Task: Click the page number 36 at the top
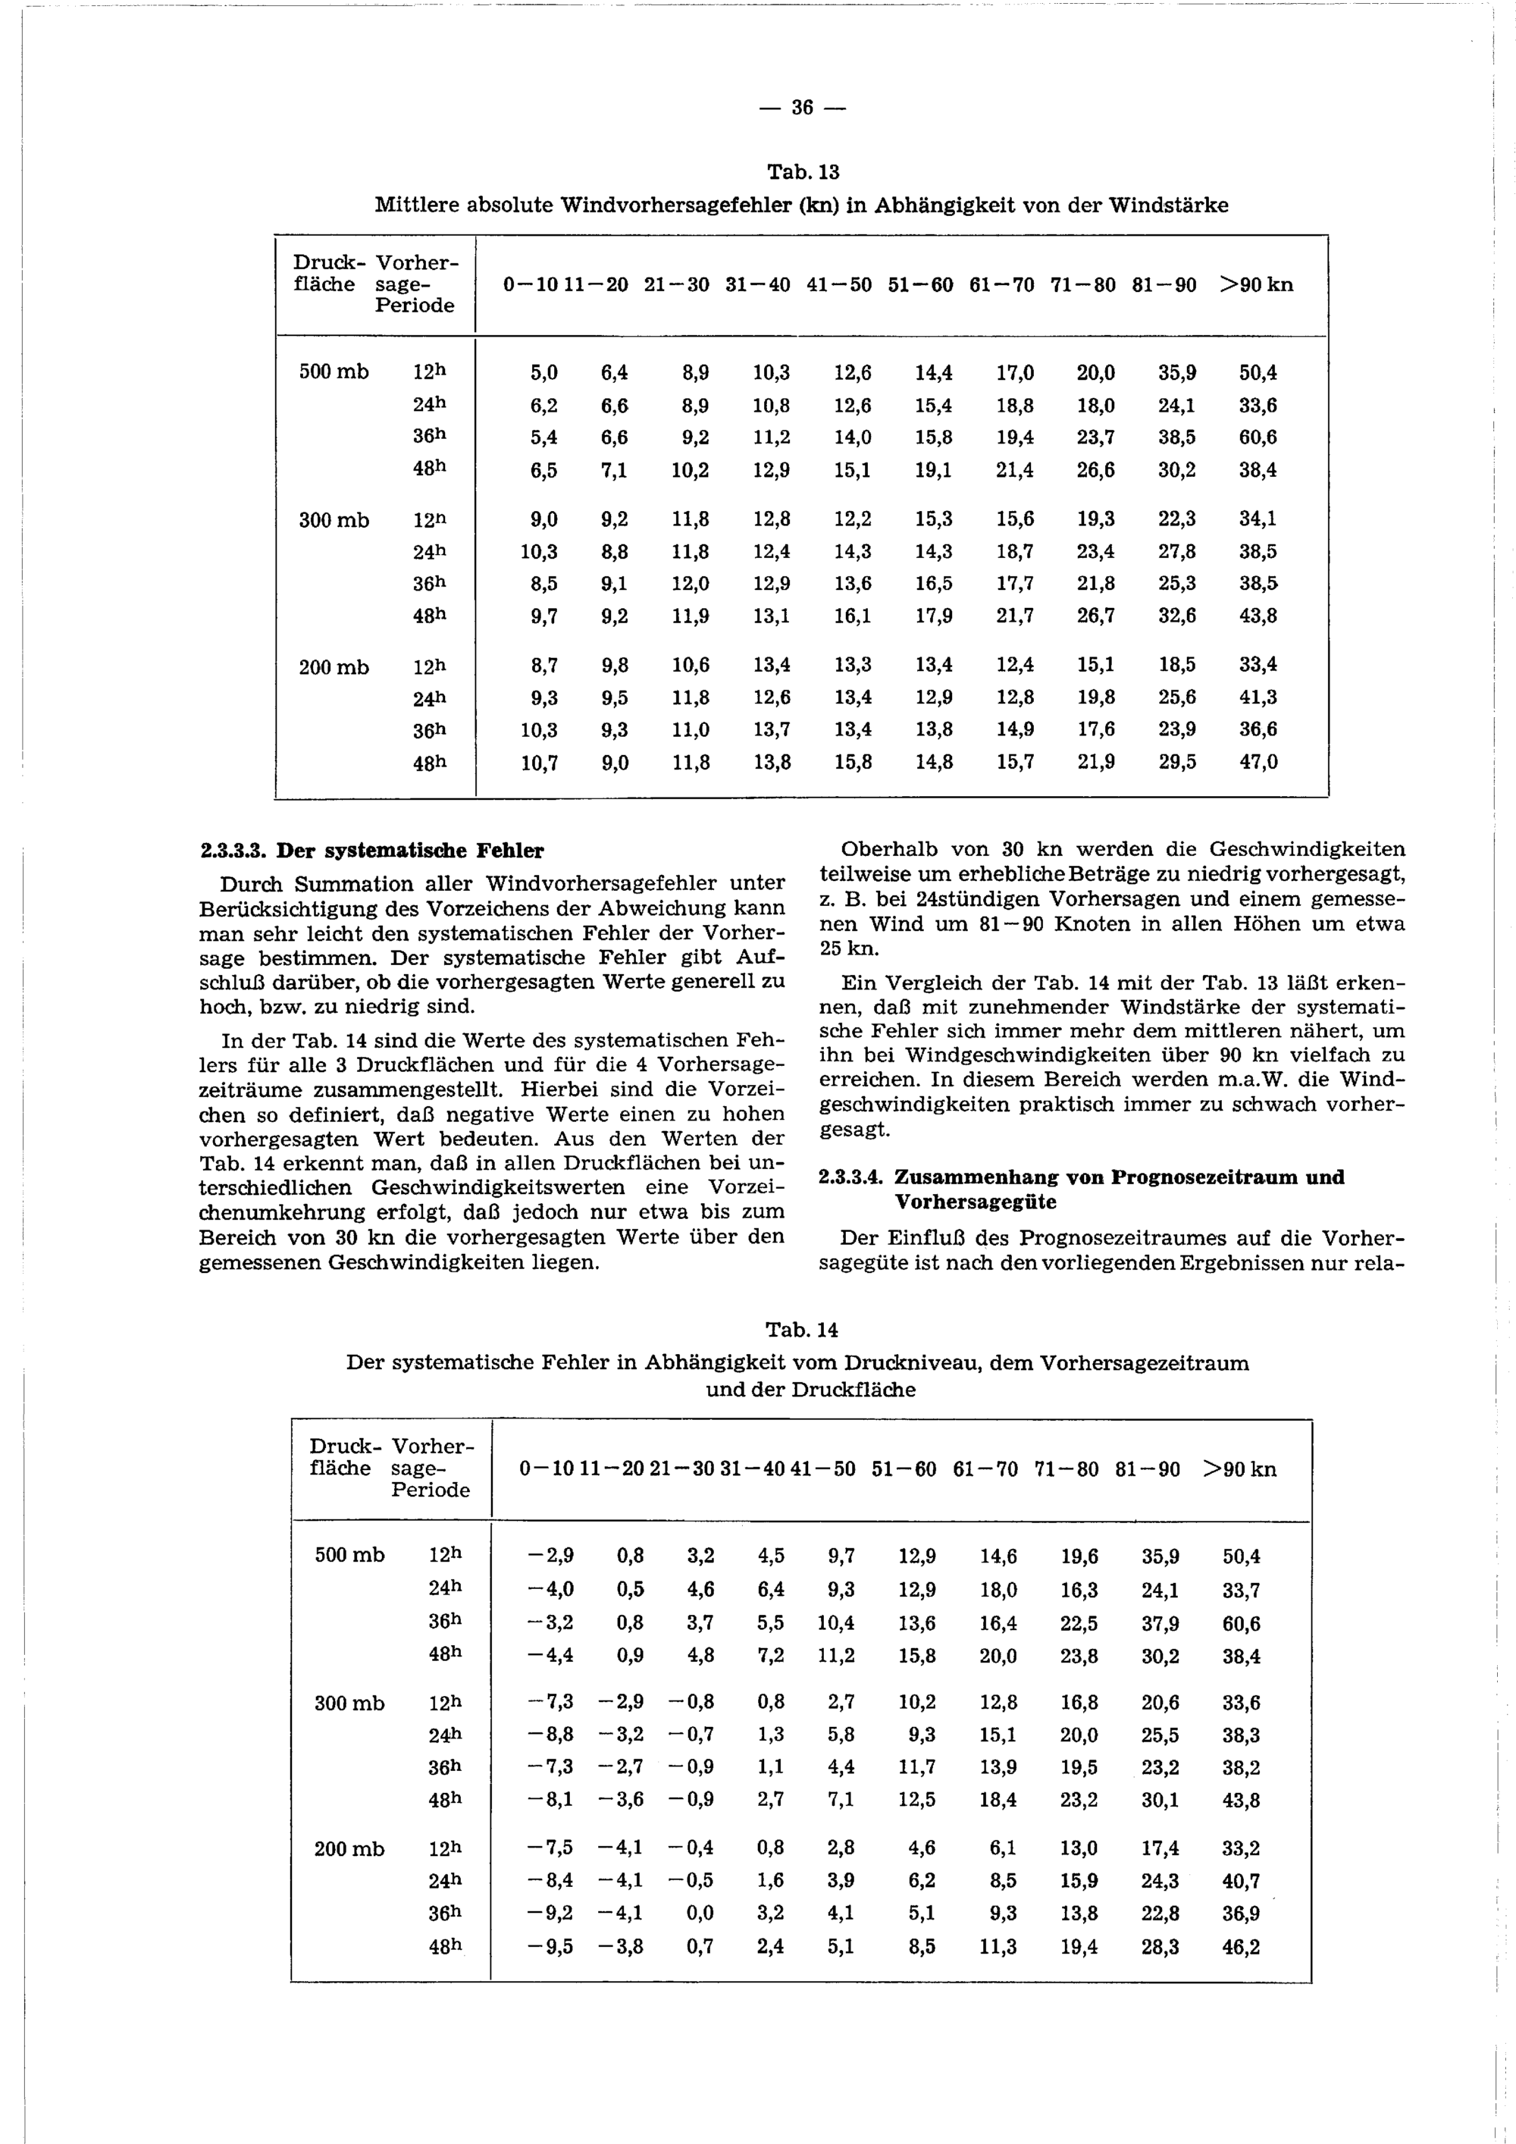click(x=802, y=108)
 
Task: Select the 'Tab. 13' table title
click(x=803, y=172)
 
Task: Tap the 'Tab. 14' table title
click(x=802, y=1329)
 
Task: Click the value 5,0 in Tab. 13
click(x=544, y=372)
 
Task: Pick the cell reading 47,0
click(x=1258, y=762)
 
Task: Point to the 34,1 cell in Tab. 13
click(x=1258, y=519)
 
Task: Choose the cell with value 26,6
click(x=1095, y=471)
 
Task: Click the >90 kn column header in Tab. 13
click(x=1257, y=284)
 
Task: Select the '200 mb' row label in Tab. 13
click(x=334, y=666)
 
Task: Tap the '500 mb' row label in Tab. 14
click(x=349, y=1555)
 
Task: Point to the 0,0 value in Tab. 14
click(x=700, y=1914)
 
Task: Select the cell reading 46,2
click(x=1241, y=1946)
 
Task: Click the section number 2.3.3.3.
click(x=234, y=851)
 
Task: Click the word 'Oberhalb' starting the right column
click(x=888, y=850)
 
